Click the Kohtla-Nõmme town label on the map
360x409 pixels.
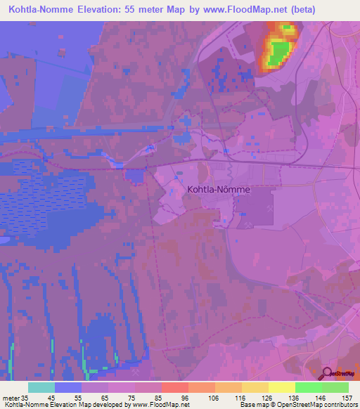pyautogui.click(x=219, y=189)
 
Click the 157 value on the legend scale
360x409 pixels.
pyautogui.click(x=347, y=397)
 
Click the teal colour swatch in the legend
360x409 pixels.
pyautogui.click(x=41, y=387)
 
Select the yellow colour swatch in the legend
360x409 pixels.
pyautogui.click(x=281, y=387)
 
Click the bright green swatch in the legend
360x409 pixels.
pyautogui.click(x=308, y=387)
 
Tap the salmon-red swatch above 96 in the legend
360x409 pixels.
pyautogui.click(x=174, y=387)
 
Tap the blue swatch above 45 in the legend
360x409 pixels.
pyautogui.click(x=68, y=387)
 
